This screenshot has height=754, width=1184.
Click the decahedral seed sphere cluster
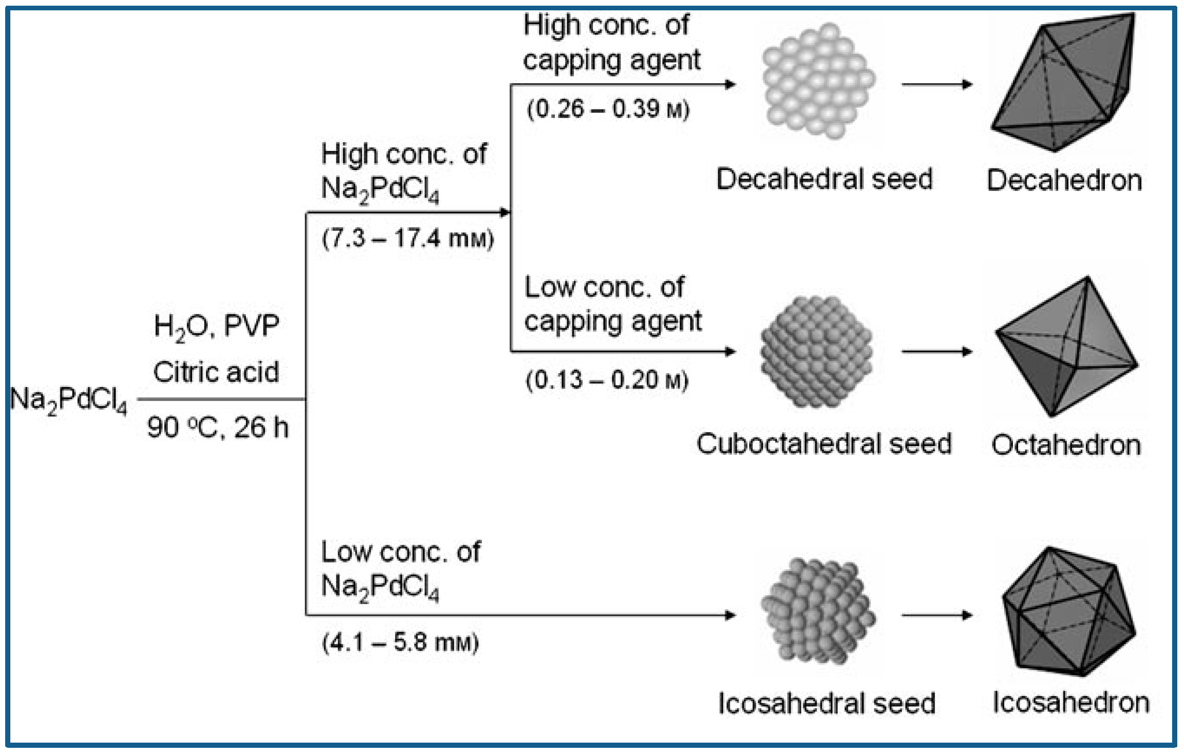[819, 82]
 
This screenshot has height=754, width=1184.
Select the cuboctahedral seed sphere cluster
[816, 351]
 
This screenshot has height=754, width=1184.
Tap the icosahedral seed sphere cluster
[817, 611]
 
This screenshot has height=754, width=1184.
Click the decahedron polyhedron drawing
[1062, 83]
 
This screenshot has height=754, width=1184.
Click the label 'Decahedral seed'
[824, 179]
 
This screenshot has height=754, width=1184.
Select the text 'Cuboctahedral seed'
[824, 444]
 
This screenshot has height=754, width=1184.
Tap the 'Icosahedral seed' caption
[827, 703]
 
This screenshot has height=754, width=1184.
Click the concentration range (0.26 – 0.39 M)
[608, 110]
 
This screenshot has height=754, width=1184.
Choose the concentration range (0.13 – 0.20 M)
[607, 380]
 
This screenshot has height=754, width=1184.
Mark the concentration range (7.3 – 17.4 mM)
[408, 239]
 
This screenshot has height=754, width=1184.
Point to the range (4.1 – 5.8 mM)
[400, 643]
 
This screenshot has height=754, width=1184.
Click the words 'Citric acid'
[216, 372]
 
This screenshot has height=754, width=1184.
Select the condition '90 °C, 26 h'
[217, 428]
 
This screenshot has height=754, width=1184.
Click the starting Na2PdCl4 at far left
[68, 400]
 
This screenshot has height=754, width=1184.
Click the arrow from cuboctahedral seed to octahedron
[937, 352]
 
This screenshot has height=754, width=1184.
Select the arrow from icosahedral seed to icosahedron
[937, 615]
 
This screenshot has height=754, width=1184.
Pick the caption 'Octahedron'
[1066, 445]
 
